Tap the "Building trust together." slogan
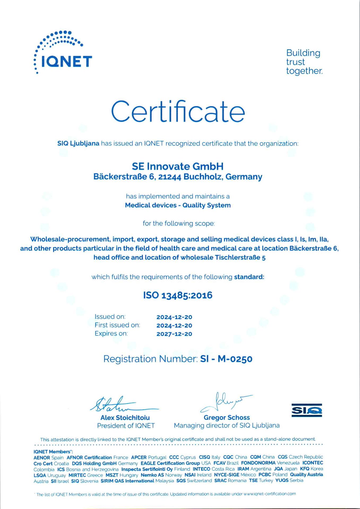[304, 62]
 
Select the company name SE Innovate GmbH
[178, 166]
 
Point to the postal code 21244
[170, 177]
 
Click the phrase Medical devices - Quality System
[178, 205]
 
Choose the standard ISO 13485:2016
[178, 295]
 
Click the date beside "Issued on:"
[174, 317]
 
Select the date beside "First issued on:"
[174, 326]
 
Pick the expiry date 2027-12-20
[174, 334]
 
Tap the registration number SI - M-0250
[226, 359]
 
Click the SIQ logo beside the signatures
[307, 410]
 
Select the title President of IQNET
[126, 426]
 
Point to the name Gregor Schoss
[227, 418]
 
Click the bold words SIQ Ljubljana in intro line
[78, 143]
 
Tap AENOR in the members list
[42, 458]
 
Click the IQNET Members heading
[53, 452]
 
